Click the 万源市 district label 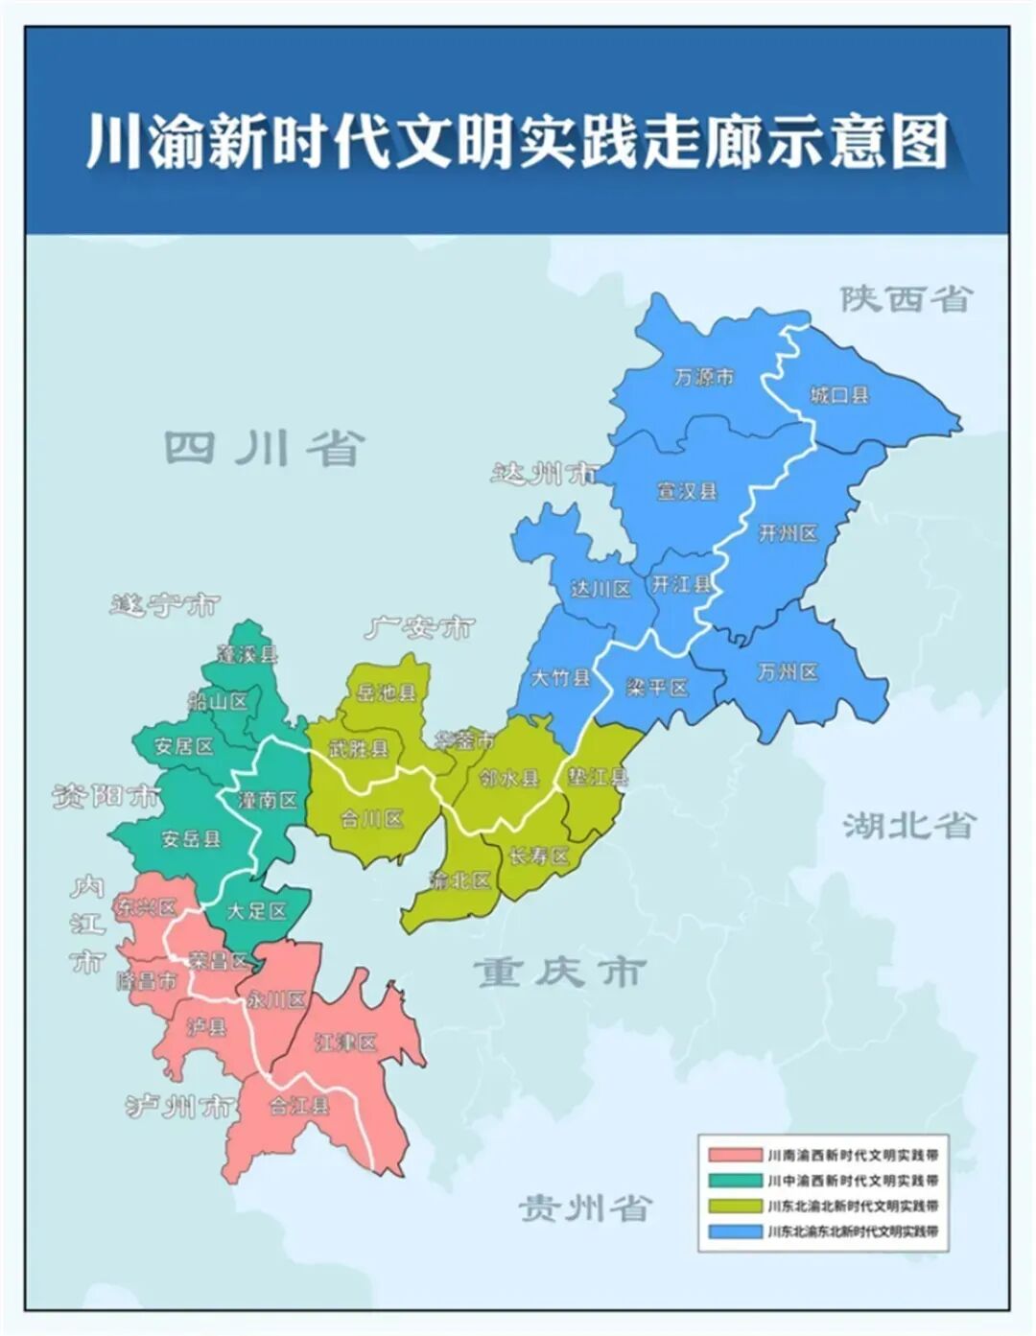click(x=703, y=377)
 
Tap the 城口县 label click(x=839, y=394)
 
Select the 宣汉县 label click(x=687, y=491)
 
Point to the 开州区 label click(x=788, y=533)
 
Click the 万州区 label click(x=788, y=672)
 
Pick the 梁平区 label click(x=657, y=688)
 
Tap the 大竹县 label click(x=560, y=678)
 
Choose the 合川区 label click(x=372, y=819)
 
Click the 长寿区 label click(x=539, y=856)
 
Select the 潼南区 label click(x=268, y=799)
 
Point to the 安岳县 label click(x=191, y=838)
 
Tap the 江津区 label click(x=345, y=1043)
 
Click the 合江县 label click(x=298, y=1105)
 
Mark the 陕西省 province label click(x=906, y=298)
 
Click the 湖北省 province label click(x=907, y=825)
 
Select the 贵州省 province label click(x=585, y=1207)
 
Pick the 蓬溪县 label click(x=247, y=655)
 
